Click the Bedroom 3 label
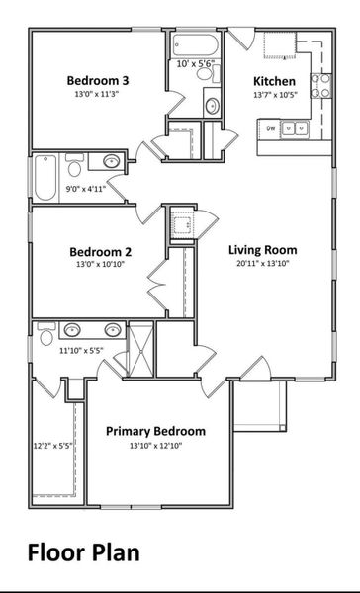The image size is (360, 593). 96,80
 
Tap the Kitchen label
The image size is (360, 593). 273,80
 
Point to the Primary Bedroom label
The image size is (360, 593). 155,431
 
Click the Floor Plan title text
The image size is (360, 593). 83,551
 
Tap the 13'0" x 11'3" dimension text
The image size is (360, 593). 96,96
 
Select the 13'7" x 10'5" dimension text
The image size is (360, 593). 274,96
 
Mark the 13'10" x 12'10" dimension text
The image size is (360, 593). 155,446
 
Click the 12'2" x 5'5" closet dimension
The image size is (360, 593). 51,446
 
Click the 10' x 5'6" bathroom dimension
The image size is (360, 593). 195,64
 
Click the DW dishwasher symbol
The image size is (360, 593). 268,127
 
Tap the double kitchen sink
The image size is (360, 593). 294,127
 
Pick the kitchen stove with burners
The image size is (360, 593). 321,92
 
